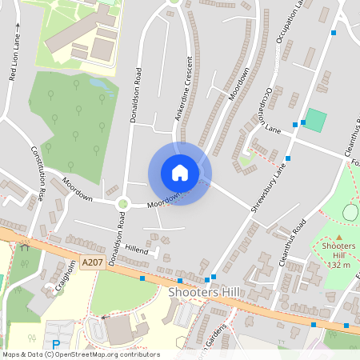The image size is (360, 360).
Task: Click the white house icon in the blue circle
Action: coord(180,173)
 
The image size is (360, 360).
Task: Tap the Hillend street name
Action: coord(136,250)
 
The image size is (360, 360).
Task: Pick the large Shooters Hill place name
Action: coord(204,293)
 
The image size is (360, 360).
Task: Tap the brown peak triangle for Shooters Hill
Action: coord(338,237)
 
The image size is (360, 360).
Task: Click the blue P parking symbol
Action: coord(55,345)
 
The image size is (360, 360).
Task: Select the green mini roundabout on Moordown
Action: coord(123,204)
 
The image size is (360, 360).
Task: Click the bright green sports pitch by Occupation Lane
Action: coord(315,121)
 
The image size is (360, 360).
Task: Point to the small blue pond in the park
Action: coord(99,83)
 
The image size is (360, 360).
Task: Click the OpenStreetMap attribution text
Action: coord(80,354)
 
